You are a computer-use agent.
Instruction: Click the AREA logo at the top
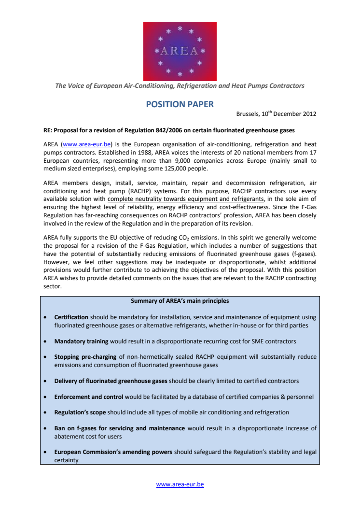click(180, 51)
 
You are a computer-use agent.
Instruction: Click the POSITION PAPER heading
click(180, 104)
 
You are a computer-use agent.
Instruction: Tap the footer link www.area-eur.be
click(180, 484)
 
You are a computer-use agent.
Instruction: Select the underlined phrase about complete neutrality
click(186, 199)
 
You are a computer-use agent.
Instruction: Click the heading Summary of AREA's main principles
click(180, 301)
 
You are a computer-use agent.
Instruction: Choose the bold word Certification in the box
click(71, 317)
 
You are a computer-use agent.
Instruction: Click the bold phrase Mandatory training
click(81, 341)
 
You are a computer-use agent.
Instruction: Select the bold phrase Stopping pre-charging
click(85, 357)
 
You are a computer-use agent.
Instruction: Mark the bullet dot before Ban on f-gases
click(45, 428)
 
